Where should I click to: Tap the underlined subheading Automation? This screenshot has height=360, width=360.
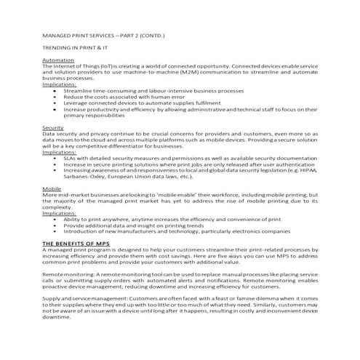pos(57,60)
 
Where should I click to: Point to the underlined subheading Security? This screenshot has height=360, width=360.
pos(53,127)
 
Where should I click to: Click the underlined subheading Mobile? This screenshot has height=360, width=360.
pos(52,188)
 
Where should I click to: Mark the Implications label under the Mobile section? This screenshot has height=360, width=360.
pos(60,212)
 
